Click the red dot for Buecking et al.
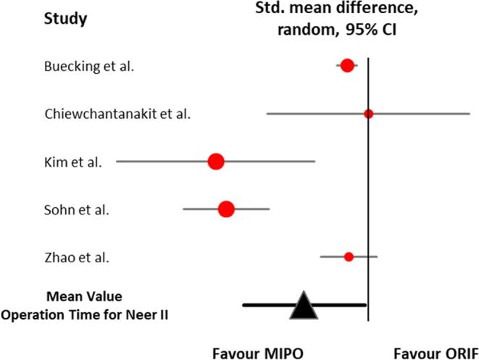pos(347,66)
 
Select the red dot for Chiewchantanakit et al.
pos(368,114)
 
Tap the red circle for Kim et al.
pos(215,162)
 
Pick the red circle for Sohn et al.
pos(226,209)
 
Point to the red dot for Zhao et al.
pos(349,256)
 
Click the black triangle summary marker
pos(304,307)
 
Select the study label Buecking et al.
pos(89,67)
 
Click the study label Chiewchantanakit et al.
pos(117,115)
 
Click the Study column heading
pos(64,18)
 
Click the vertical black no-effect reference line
pos(369,188)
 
